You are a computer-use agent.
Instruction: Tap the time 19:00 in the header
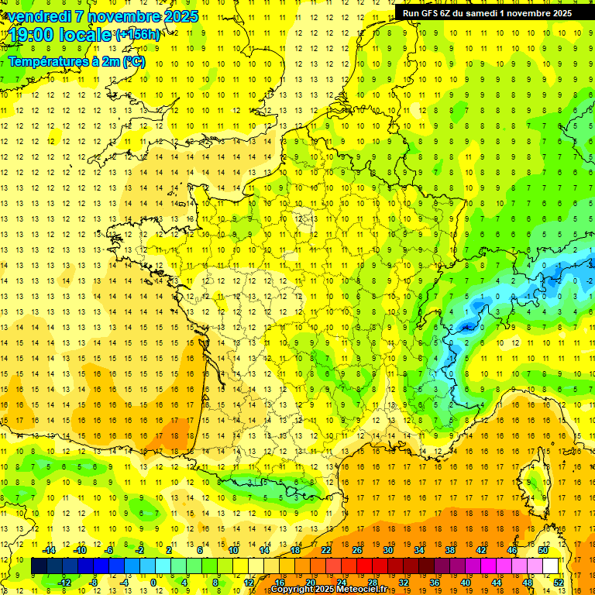click(x=33, y=34)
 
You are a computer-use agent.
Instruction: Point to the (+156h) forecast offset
click(x=138, y=35)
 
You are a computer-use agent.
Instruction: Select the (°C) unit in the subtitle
click(x=133, y=61)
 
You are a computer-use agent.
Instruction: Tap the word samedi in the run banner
click(x=479, y=13)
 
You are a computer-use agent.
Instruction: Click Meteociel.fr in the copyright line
click(x=360, y=590)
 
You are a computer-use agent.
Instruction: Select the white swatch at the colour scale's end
click(x=551, y=566)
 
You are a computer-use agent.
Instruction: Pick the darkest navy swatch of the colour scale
click(x=40, y=566)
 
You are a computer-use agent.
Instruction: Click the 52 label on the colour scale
click(x=559, y=583)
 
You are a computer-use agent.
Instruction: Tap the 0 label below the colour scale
click(x=153, y=583)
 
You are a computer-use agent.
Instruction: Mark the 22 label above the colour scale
click(x=326, y=550)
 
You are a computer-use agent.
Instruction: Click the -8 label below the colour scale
click(x=94, y=583)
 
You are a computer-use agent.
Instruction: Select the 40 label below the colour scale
click(x=466, y=583)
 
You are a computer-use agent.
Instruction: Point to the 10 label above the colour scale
click(x=233, y=550)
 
